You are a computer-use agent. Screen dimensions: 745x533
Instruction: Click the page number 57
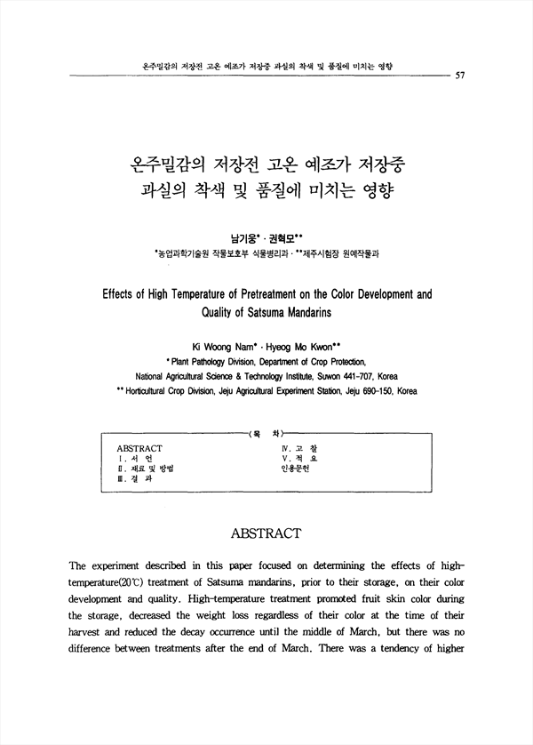[460, 76]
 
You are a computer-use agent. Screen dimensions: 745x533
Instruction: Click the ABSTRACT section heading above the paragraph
[266, 533]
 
